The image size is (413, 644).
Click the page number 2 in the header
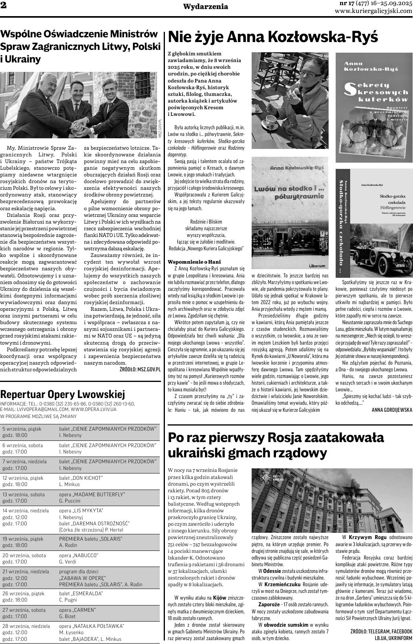(4, 6)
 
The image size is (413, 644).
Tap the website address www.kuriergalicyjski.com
(373, 11)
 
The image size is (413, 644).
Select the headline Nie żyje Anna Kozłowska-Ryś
(273, 38)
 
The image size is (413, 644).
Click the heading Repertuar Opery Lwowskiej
(63, 394)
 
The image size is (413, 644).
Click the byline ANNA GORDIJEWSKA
(392, 410)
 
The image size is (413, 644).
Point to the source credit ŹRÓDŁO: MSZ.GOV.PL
(140, 369)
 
